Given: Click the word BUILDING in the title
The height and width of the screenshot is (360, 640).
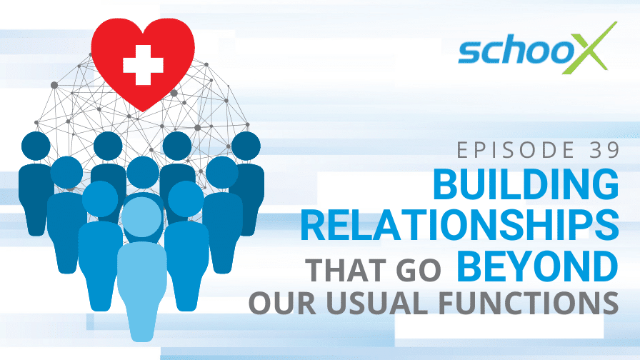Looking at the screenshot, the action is coord(526,184).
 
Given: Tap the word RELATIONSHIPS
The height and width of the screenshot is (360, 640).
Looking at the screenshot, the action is coord(459,225).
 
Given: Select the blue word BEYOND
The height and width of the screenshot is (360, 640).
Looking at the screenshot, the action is coord(538,266).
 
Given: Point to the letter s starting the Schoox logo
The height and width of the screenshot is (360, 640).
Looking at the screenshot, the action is coord(470,53).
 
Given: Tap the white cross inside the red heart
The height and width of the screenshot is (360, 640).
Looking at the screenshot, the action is coord(144,65).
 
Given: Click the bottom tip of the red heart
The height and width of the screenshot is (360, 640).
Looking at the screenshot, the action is coord(142,111).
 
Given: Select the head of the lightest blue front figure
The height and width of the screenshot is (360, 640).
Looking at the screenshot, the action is coord(142,217).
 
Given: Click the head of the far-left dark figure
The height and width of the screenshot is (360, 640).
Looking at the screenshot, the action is coord(36,146).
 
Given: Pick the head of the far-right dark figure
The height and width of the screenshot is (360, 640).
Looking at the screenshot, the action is coord(246,146).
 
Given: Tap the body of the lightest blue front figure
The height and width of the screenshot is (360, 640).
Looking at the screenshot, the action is coord(142,291).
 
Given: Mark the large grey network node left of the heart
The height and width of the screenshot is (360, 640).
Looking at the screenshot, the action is coord(54,85).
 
